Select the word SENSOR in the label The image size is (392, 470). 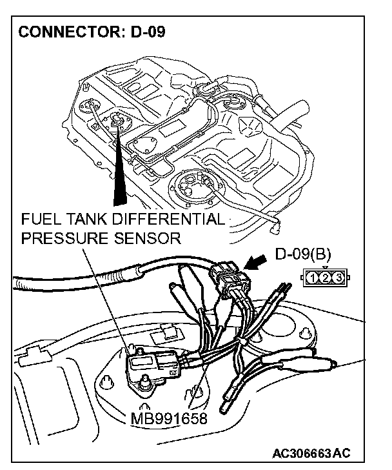coord(148,238)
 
